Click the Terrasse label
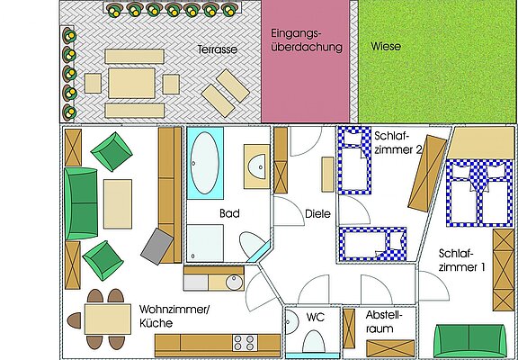pos(218,49)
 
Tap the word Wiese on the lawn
pos(386,46)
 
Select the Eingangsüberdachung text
pos(307,40)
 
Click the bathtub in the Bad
pos(205,163)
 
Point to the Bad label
pos(229,213)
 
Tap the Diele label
pos(317,213)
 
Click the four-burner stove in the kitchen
pos(246,343)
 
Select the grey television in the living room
pos(156,247)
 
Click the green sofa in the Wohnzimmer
pos(81,203)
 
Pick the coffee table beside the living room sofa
pos(118,204)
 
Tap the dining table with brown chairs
pos(108,319)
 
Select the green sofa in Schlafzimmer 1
pos(469,341)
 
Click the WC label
pos(316,317)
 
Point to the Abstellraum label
pos(383,321)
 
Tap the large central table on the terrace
pos(132,84)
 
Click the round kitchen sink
pos(234,283)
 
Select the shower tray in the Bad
pos(205,243)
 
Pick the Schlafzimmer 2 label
pos(397,142)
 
